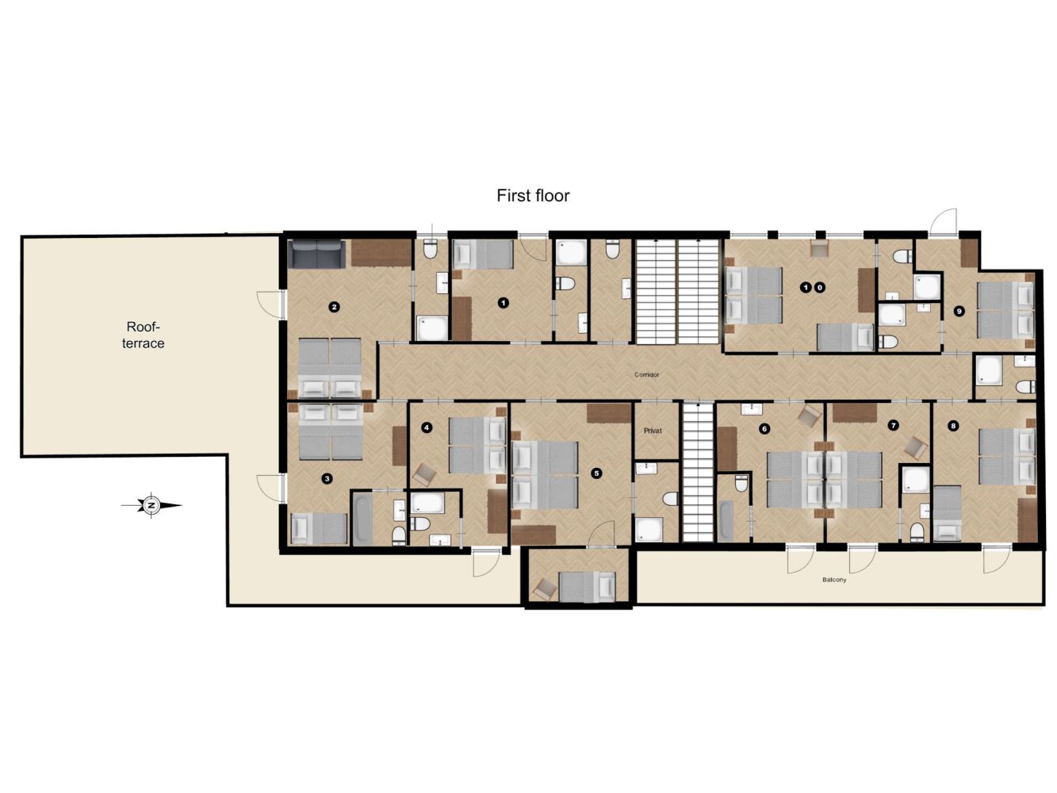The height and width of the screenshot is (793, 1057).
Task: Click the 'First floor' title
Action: pos(533,196)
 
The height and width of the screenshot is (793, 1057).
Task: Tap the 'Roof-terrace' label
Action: pos(143,335)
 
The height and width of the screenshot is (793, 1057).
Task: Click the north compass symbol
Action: pos(151,506)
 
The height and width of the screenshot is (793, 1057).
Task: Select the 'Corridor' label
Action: pos(646,374)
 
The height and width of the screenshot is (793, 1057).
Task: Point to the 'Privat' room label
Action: pos(653,431)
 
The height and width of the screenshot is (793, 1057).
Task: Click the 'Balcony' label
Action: pos(834,580)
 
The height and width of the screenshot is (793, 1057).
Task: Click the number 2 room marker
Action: pos(333,307)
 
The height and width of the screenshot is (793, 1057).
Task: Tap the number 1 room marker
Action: pos(503,303)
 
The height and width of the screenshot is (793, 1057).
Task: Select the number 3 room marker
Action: pos(327,479)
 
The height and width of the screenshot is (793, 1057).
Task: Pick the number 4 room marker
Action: pos(426,427)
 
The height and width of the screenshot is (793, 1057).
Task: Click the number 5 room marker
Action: pos(596,473)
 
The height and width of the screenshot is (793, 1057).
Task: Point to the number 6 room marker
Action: pos(764,429)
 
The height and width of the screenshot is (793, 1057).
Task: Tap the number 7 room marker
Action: pos(894,425)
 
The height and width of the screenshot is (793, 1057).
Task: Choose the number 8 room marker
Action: pos(952,426)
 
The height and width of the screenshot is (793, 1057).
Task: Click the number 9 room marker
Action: pos(959,311)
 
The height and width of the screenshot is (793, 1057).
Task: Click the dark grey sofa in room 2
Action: pos(316,254)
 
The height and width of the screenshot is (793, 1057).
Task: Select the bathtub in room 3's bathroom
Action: pos(362,520)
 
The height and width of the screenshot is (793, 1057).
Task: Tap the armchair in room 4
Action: pos(425,474)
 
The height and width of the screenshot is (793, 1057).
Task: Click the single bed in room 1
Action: pos(484,255)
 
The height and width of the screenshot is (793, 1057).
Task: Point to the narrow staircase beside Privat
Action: pos(698,473)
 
